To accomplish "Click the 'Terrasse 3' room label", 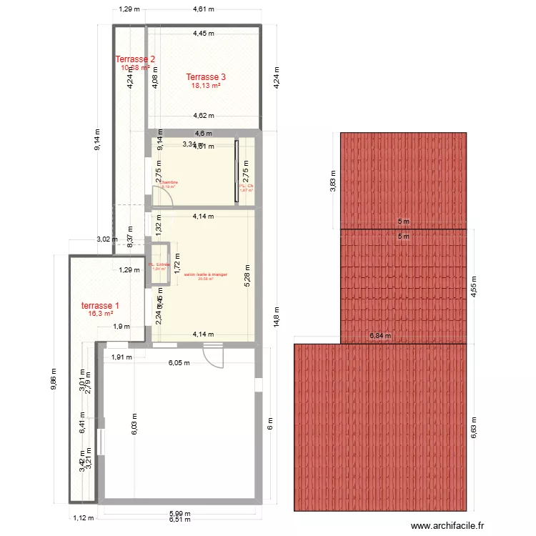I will (206, 76).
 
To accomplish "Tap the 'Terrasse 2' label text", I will (135, 59).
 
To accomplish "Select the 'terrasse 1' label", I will (100, 305).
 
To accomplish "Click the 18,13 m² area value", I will (206, 86).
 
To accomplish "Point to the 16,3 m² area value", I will (100, 314).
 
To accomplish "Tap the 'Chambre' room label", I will (168, 183).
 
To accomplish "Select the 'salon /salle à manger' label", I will (205, 274).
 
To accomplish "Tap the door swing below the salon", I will (213, 354).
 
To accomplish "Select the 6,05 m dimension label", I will (179, 362).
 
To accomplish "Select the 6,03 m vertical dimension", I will (134, 425).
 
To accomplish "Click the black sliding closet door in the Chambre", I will (237, 172).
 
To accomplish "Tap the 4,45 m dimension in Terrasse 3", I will (204, 33).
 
